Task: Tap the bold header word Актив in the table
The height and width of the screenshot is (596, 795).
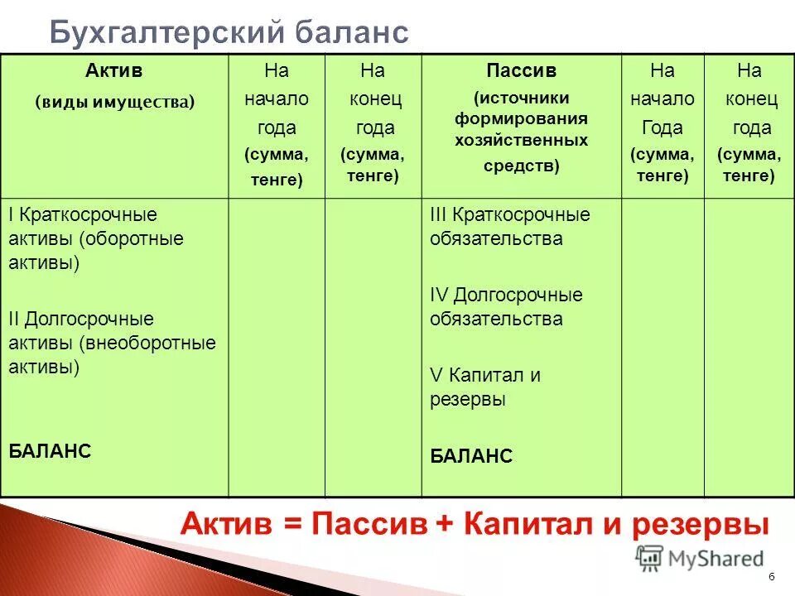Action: point(114,71)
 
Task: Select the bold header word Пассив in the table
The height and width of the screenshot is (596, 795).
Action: point(521,71)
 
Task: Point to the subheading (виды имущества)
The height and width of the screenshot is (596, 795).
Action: point(114,102)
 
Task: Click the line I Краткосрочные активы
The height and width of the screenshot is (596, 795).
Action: point(83,214)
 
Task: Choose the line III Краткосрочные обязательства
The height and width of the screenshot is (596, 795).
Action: point(510,214)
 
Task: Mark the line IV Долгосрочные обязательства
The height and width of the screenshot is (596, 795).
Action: point(506,295)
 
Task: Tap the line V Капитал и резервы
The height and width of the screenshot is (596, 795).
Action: point(485,375)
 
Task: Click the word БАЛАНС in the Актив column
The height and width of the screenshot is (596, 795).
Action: point(50,451)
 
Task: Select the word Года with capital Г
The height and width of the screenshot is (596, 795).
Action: point(662,128)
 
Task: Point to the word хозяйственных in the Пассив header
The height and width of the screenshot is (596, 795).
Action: point(521,140)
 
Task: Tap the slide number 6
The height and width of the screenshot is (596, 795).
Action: point(772,577)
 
